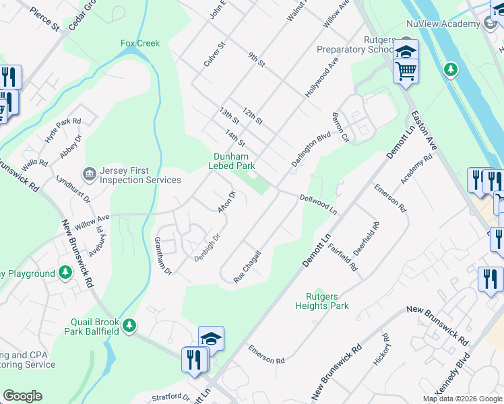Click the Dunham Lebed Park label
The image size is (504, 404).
pyautogui.click(x=230, y=160)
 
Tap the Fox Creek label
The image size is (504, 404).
pyautogui.click(x=140, y=43)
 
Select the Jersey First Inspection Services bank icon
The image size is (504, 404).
pyautogui.click(x=89, y=175)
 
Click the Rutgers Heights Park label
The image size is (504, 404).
pyautogui.click(x=322, y=301)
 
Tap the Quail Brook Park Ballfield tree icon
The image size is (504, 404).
pyautogui.click(x=128, y=327)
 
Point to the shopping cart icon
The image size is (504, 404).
pyautogui.click(x=406, y=71)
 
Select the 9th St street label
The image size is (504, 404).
pyautogui.click(x=257, y=61)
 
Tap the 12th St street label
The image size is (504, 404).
pyautogui.click(x=252, y=115)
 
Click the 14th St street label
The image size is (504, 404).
pyautogui.click(x=235, y=139)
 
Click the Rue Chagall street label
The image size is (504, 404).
pyautogui.click(x=247, y=266)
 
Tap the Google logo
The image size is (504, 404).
pyautogui.click(x=22, y=396)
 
